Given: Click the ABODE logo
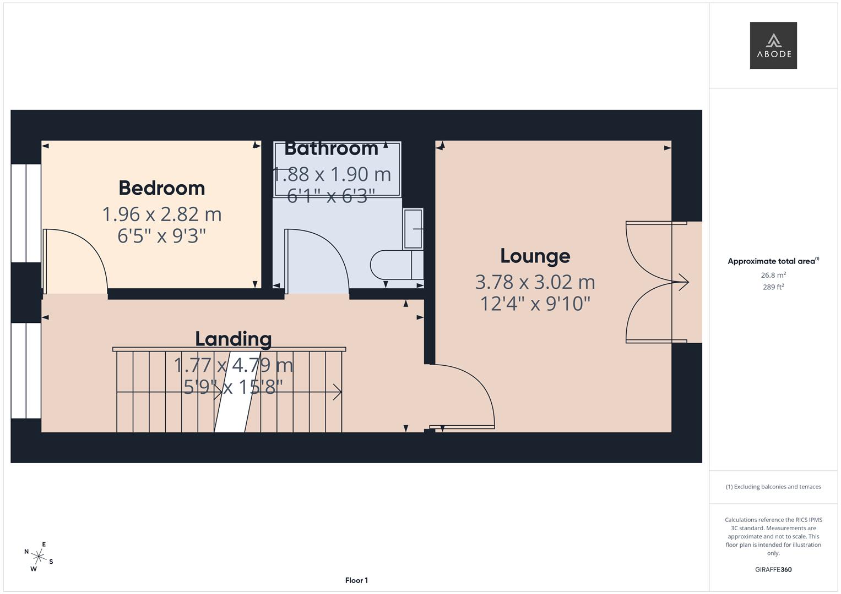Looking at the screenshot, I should (x=773, y=46).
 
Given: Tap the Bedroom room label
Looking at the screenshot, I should (x=162, y=188).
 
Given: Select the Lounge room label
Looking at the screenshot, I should (x=535, y=256).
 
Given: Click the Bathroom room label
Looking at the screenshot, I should (x=332, y=148).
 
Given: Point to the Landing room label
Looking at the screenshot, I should (x=234, y=339).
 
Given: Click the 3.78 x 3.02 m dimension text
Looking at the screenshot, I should (x=535, y=282).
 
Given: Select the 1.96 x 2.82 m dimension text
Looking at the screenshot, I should (x=162, y=214).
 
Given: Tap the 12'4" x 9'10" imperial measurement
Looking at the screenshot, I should (x=535, y=304).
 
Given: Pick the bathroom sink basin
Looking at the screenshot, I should (x=413, y=228).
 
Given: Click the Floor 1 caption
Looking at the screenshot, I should (x=356, y=580).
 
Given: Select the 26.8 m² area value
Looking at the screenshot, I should (x=773, y=275).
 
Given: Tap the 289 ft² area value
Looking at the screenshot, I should (x=773, y=287).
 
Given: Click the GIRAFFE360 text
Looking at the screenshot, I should (x=773, y=570).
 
